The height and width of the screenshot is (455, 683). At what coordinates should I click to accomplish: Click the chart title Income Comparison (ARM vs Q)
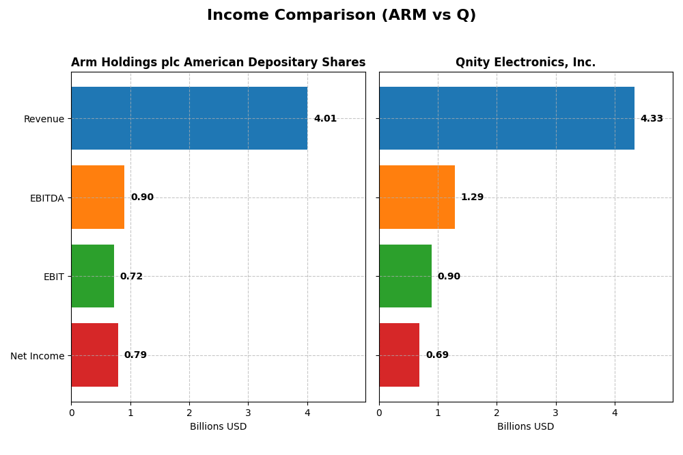point(341,16)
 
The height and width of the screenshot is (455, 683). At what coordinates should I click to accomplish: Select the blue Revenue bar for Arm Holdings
point(189,118)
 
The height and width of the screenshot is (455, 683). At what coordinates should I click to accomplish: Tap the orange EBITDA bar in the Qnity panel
point(417,197)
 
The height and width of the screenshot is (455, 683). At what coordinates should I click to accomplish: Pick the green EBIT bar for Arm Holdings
point(92,276)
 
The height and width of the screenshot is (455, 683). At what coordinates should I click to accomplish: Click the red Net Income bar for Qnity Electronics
point(399,355)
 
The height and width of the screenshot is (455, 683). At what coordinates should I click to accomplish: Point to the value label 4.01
point(325,119)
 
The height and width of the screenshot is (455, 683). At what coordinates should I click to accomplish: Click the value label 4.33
point(652,119)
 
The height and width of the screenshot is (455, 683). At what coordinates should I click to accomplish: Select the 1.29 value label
point(472,197)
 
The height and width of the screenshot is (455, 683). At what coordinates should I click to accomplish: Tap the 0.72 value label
point(131,277)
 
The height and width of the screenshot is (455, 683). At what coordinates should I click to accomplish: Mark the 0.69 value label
point(437,355)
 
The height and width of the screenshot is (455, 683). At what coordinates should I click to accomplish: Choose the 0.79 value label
point(135,355)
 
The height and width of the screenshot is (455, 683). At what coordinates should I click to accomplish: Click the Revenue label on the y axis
point(44,119)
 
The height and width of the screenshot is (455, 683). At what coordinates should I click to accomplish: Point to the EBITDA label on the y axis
point(46,198)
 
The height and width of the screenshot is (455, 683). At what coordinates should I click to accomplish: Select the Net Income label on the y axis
point(38,356)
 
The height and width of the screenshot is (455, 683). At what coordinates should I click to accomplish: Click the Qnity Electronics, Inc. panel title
point(525,63)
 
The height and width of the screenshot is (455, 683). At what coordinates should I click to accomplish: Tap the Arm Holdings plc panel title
point(218,63)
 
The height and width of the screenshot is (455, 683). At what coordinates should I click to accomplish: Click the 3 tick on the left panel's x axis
point(248,413)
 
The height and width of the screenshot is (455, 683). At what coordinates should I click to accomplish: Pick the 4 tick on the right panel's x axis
point(614,413)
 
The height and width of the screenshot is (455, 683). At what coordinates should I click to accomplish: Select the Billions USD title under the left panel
point(218,427)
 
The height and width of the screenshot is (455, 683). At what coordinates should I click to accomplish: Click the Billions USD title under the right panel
point(525,427)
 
